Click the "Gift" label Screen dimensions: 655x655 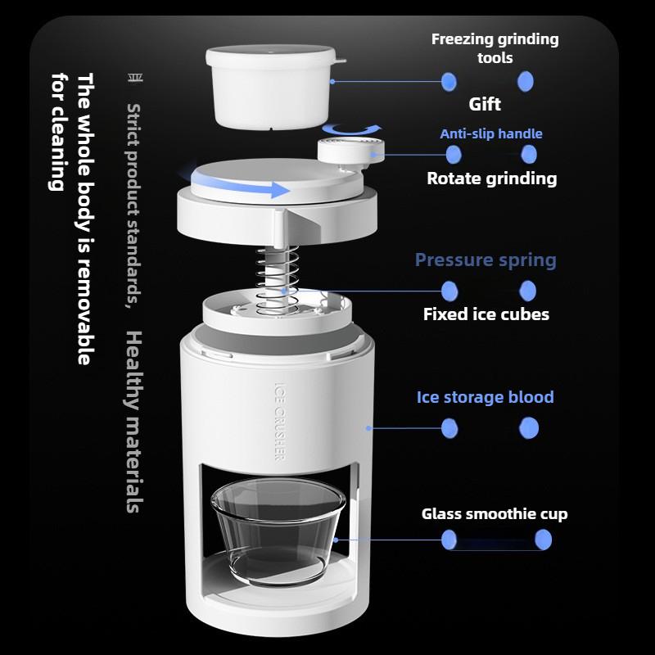(485, 104)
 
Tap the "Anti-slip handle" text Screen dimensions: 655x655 (491, 133)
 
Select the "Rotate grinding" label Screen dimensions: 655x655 (491, 178)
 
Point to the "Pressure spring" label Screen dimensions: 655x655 (486, 260)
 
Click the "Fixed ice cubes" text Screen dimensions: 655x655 (486, 314)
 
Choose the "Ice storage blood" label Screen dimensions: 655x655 (486, 397)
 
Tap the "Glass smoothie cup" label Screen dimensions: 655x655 (495, 514)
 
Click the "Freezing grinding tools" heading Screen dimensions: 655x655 (495, 48)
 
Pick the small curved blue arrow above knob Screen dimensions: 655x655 (351, 129)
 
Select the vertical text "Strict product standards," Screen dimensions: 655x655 (134, 205)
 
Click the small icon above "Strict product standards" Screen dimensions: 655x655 (134, 79)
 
